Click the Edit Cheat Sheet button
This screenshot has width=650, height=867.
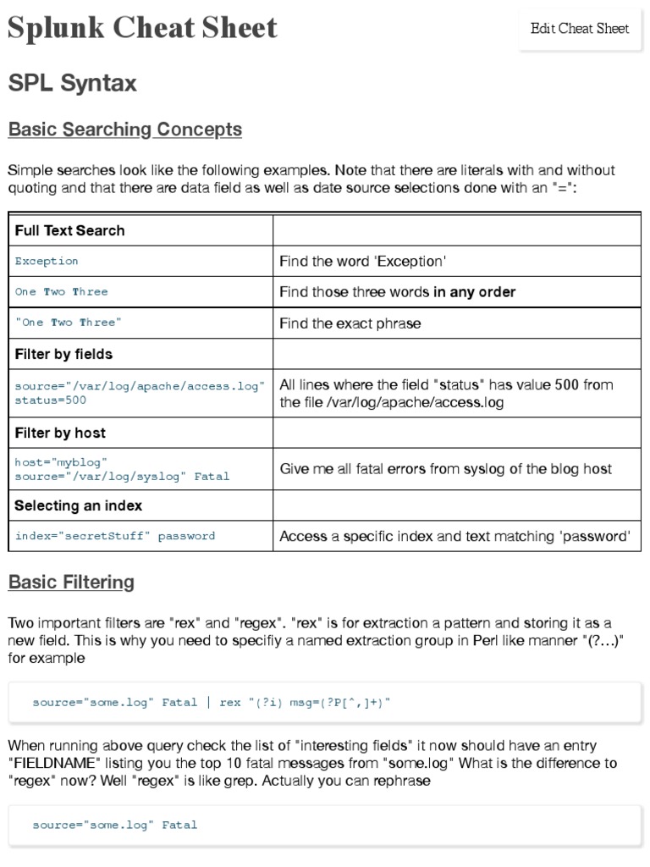click(x=580, y=29)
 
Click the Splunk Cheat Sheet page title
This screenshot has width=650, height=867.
click(x=142, y=28)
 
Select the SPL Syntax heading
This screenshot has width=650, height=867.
click(x=72, y=83)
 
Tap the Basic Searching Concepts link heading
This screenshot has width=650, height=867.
click(x=124, y=130)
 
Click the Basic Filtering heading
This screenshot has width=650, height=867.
click(x=71, y=582)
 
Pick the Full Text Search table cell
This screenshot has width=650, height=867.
click(x=69, y=230)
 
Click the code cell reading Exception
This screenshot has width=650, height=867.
click(x=47, y=261)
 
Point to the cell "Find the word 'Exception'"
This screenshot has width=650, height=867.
click(x=362, y=261)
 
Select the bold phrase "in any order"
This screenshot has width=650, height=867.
click(x=474, y=291)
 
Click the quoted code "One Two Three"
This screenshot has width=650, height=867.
click(x=69, y=323)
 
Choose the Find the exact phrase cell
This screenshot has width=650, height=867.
click(x=350, y=323)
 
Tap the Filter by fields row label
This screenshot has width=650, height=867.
click(x=63, y=354)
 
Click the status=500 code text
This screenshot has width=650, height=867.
click(x=50, y=400)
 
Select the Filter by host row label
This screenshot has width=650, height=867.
click(x=60, y=433)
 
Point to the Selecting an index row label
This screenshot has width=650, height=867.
click(x=78, y=505)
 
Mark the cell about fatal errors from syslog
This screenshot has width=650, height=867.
click(x=445, y=469)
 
